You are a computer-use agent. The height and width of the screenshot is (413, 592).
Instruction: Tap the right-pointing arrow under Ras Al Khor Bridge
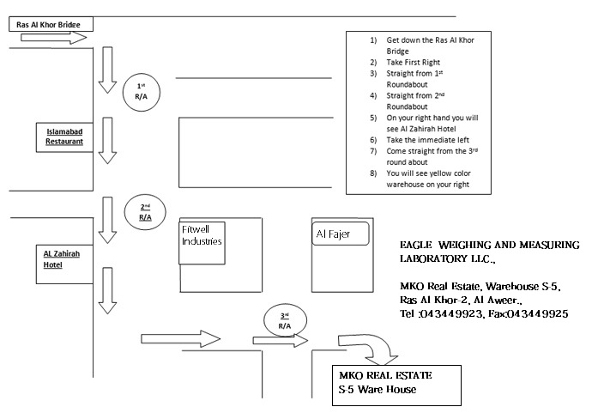pyautogui.click(x=53, y=38)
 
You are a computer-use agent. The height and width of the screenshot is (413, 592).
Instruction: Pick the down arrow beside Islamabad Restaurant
pyautogui.click(x=107, y=140)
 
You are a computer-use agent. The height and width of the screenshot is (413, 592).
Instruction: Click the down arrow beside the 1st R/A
pyautogui.click(x=107, y=70)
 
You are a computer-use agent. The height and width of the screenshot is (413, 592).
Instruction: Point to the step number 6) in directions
pyautogui.click(x=373, y=140)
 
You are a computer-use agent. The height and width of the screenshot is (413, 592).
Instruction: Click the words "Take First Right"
pyautogui.click(x=413, y=63)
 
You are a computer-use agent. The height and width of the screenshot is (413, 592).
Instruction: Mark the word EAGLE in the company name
pyautogui.click(x=415, y=245)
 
